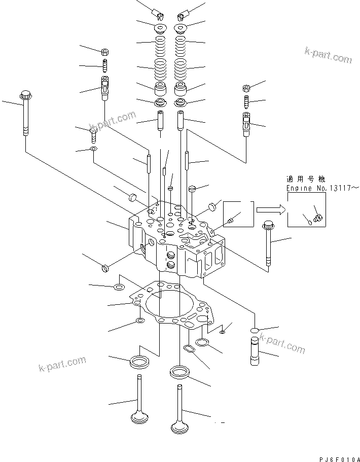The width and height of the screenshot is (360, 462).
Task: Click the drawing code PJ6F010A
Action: click(340, 459)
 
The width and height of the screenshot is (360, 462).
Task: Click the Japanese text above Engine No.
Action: click(306, 179)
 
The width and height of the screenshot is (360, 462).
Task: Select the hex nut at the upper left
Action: click(105, 52)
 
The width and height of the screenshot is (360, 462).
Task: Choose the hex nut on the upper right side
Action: click(246, 88)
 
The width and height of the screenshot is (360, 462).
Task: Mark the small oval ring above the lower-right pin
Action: click(255, 330)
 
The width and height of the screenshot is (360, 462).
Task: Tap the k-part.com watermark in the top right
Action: click(328, 55)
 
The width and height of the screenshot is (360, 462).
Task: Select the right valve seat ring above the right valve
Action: click(180, 372)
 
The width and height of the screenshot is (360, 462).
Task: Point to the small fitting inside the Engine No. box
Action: click(318, 219)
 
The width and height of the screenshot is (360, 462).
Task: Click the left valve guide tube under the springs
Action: click(161, 120)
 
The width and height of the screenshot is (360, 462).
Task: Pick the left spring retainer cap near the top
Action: click(161, 28)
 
